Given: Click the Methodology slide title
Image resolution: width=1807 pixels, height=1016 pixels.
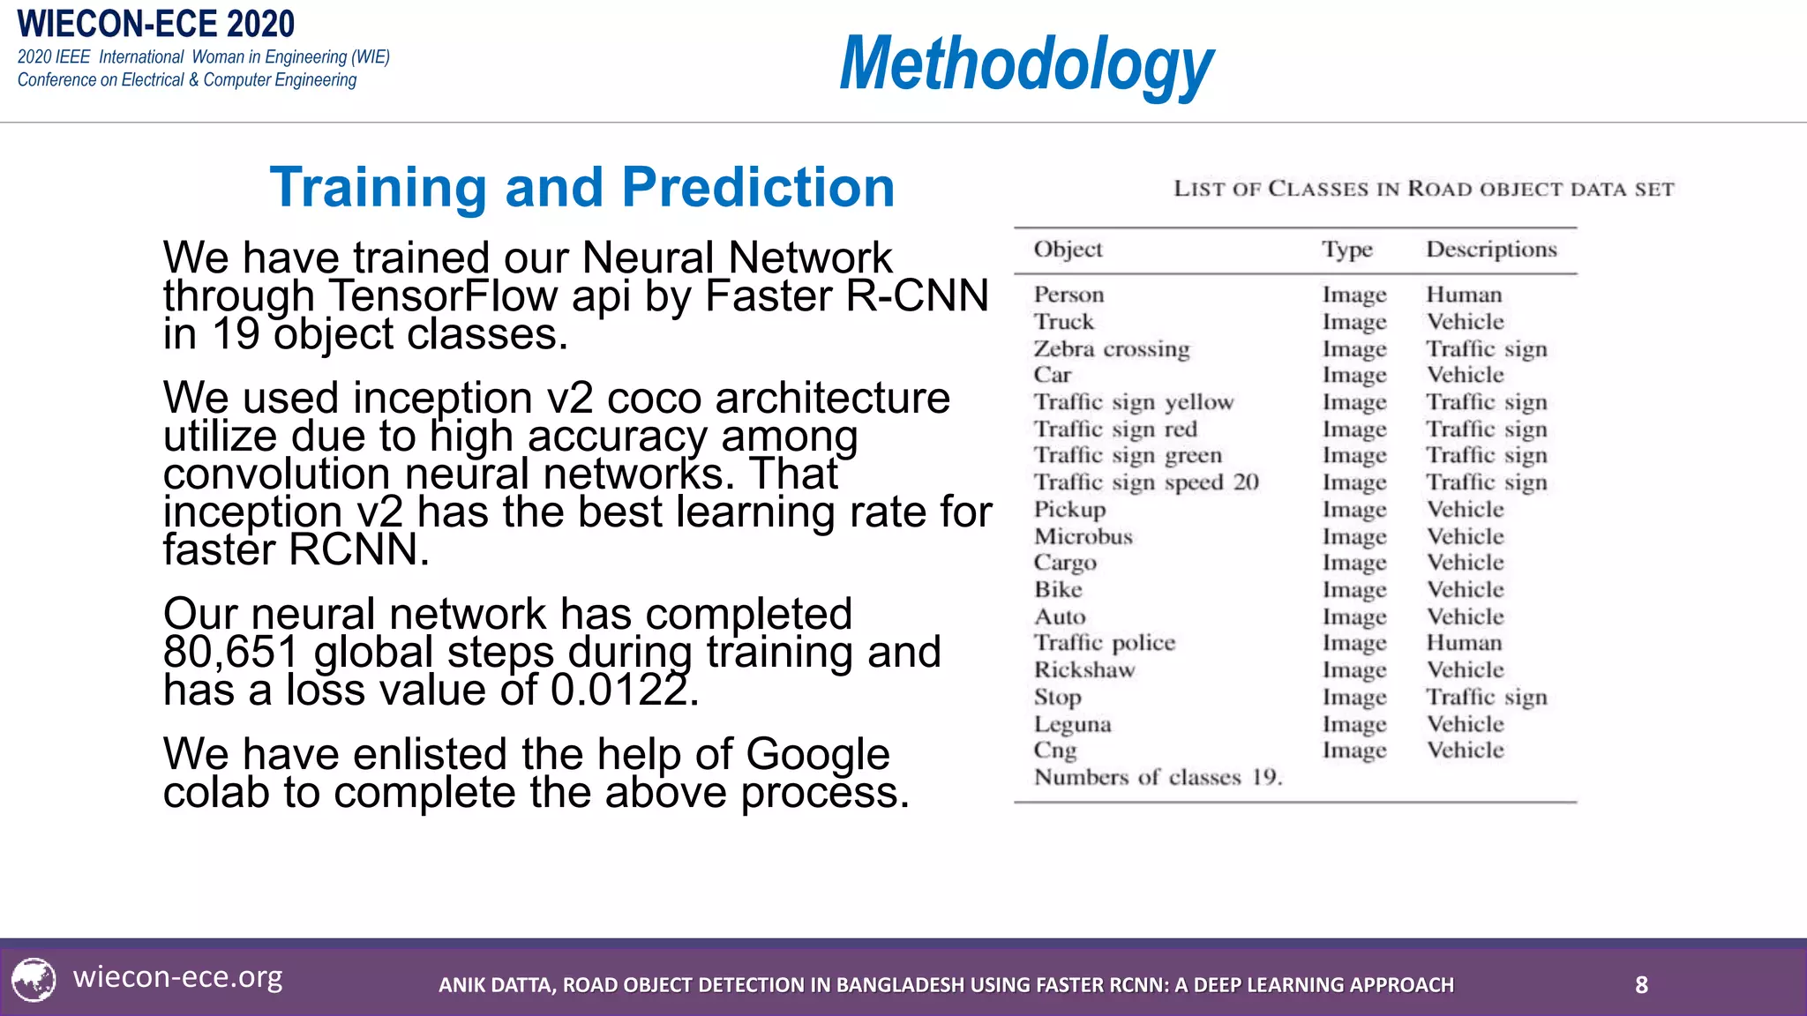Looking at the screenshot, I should [x=1026, y=63].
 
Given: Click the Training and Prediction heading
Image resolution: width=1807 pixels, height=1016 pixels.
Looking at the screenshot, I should [x=582, y=187].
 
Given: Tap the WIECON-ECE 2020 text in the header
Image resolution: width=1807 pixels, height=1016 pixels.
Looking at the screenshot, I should [x=156, y=24].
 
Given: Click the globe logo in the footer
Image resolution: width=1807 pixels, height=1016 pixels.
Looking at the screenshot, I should [x=34, y=980].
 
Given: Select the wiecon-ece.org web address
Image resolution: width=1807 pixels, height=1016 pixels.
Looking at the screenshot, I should [x=178, y=977].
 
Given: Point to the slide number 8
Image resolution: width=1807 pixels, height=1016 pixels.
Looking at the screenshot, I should [x=1641, y=984].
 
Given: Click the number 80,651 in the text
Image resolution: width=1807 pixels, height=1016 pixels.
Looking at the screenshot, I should [x=231, y=653].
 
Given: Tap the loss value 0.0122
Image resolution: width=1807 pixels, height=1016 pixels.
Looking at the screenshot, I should [x=618, y=691].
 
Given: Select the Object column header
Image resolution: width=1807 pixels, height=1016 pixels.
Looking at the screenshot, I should [x=1068, y=250].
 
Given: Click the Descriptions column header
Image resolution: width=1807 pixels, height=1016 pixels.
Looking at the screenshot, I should [x=1491, y=250].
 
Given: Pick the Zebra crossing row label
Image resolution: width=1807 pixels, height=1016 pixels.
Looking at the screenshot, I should [x=1112, y=349].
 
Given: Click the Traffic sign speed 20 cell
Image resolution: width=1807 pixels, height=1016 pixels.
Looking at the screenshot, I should [x=1146, y=482].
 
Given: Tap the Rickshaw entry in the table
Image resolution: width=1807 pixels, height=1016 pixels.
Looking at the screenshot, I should [x=1084, y=670].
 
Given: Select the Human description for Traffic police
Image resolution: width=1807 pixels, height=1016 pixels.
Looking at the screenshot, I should [x=1464, y=643].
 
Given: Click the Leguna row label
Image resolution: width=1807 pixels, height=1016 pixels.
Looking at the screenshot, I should [x=1072, y=724].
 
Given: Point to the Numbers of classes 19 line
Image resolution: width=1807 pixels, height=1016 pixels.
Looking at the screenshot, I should [x=1158, y=777].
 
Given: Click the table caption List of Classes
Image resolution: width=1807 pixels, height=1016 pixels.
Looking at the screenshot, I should [x=1423, y=189].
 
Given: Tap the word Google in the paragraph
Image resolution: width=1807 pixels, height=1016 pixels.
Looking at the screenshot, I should [x=817, y=755].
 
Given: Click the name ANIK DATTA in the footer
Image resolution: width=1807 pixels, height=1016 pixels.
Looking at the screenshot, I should [x=497, y=985].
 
